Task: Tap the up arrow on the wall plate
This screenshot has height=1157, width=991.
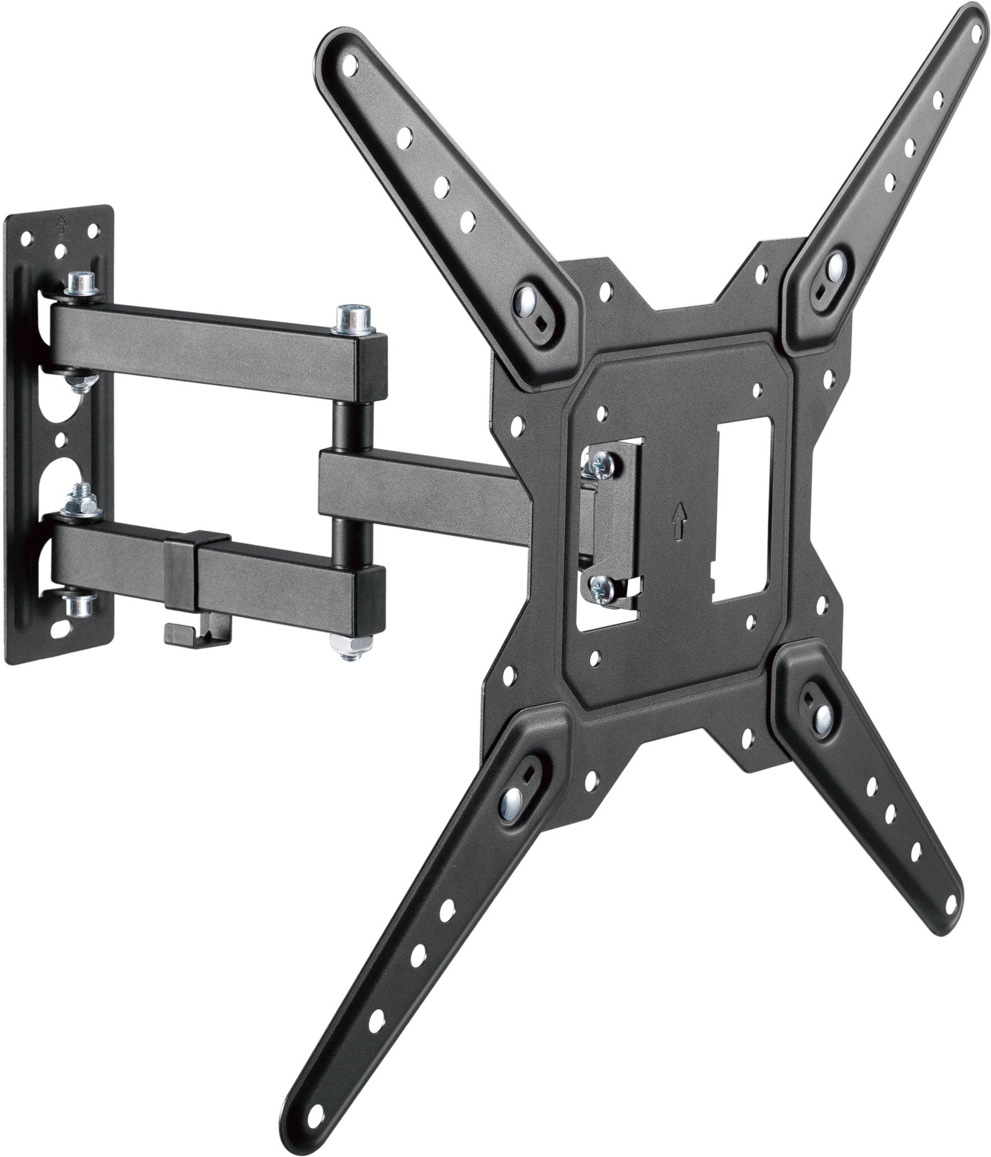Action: point(60,226)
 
